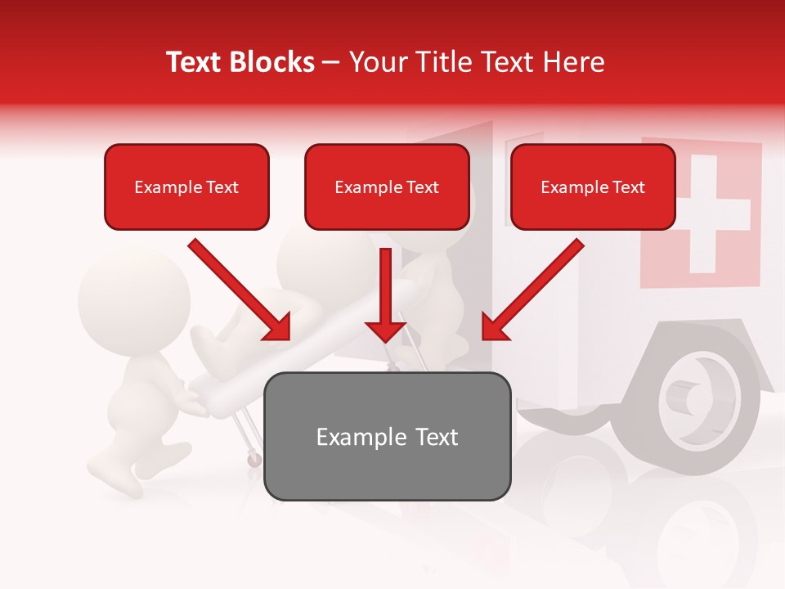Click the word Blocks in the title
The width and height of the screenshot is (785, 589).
click(273, 62)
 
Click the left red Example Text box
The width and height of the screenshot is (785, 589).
click(186, 187)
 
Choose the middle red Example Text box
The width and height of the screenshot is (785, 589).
click(387, 187)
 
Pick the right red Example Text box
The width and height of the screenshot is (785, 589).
click(593, 187)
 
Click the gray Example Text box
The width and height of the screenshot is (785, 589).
click(387, 436)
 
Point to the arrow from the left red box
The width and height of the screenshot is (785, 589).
click(241, 290)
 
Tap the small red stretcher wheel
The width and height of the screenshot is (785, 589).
click(254, 460)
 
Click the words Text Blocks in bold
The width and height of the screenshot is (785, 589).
click(240, 62)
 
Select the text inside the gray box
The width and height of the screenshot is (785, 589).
click(387, 437)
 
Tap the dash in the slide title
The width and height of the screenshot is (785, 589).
click(331, 62)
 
